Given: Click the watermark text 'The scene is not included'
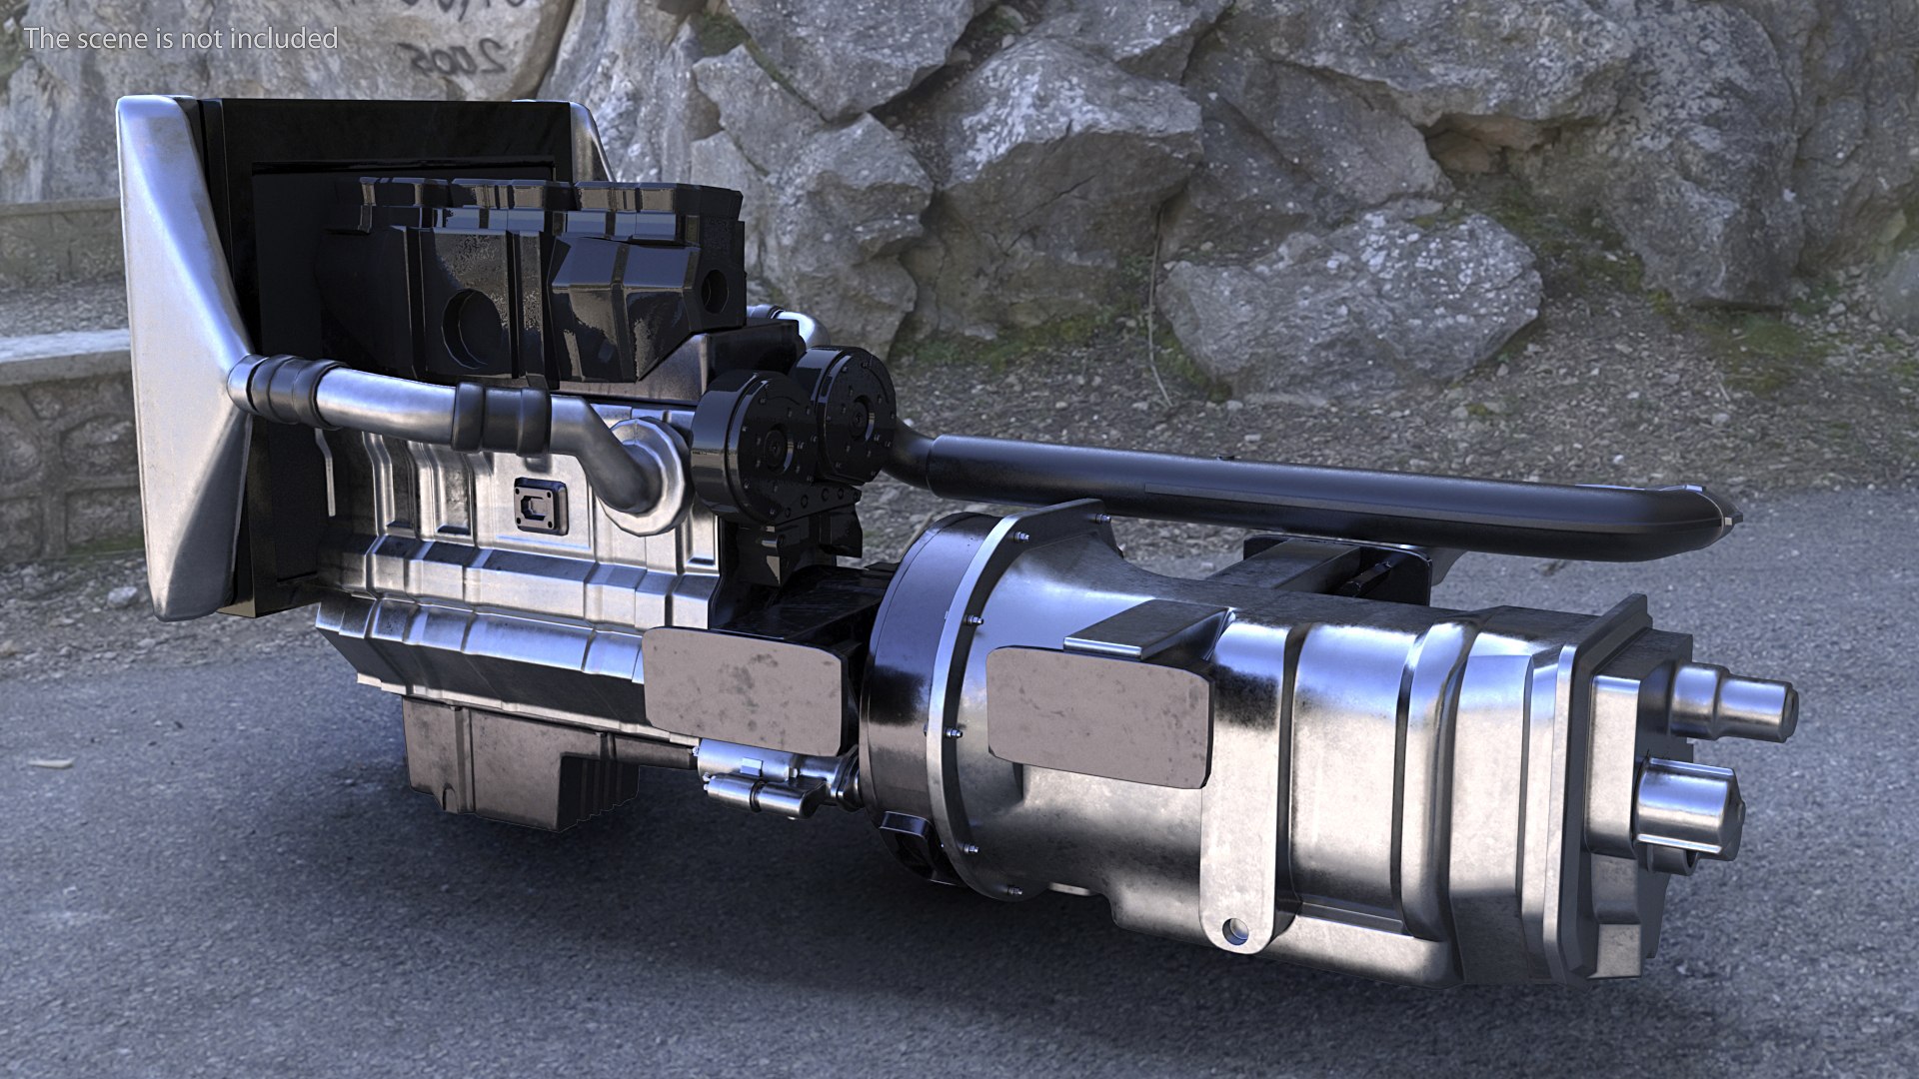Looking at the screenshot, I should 181,39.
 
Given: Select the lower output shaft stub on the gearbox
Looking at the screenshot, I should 1689,805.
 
